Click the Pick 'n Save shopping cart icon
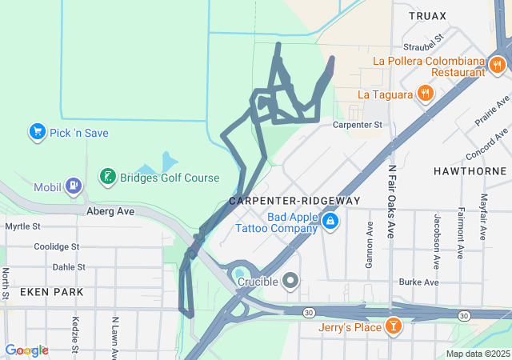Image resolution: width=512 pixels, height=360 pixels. pos(36,131)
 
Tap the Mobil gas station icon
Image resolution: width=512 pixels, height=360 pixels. pos(74,186)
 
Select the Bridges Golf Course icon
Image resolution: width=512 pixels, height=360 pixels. pos(106,176)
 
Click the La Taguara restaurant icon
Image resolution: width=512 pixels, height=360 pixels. pos(425,94)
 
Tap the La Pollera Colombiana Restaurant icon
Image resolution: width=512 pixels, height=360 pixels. pos(498,66)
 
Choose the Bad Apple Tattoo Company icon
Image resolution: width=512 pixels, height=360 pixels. pos(329,218)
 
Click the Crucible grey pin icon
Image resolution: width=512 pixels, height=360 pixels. pos(290,281)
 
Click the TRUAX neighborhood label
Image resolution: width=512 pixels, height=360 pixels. pos(427,15)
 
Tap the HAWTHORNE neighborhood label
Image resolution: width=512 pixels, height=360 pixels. pos(470,171)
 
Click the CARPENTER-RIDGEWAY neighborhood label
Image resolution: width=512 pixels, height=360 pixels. pos(294,201)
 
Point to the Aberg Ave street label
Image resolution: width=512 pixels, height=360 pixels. pos(110,211)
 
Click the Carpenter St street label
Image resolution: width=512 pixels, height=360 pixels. pos(358,125)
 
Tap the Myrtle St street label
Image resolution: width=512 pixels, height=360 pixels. pos(22,226)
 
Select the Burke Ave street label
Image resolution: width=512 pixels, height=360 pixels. pos(419,282)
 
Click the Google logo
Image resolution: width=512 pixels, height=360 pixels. pos(26,350)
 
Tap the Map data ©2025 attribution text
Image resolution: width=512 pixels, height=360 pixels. pos(478,354)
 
